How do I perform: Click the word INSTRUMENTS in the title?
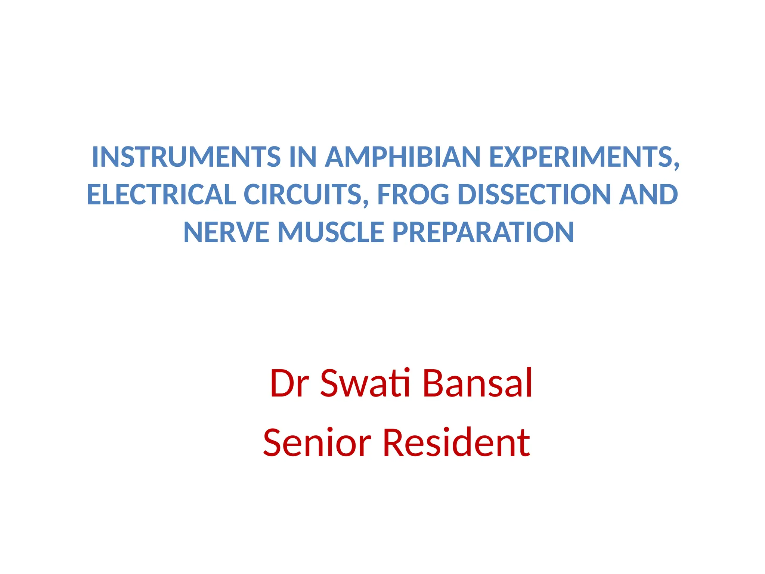click(186, 157)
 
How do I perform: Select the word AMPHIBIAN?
click(403, 157)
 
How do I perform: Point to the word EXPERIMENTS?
click(580, 157)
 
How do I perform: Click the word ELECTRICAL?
click(161, 195)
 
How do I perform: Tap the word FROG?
click(413, 195)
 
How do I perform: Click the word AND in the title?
click(648, 195)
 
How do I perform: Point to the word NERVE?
click(226, 232)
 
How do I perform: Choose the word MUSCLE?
click(331, 232)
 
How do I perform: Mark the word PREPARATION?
click(483, 232)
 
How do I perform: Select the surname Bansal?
click(477, 383)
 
